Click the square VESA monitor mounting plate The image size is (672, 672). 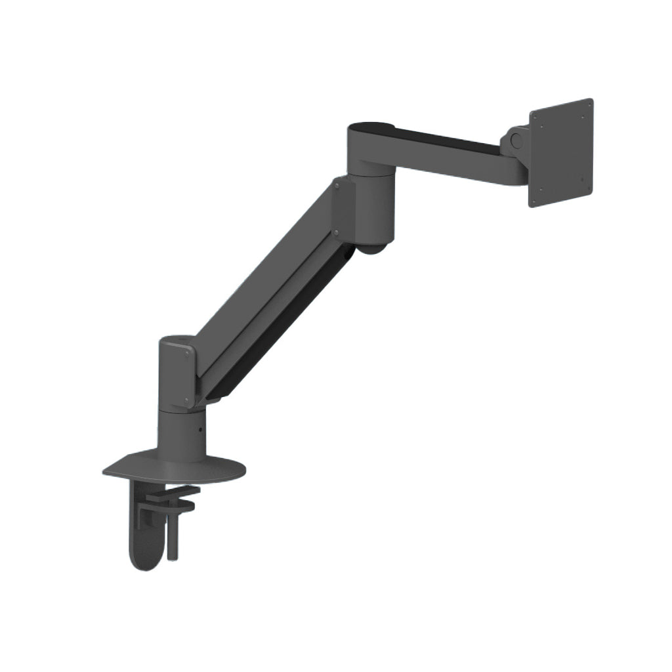[x=561, y=153]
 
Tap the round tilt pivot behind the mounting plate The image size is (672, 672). [x=516, y=140]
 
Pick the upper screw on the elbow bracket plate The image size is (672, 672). [x=335, y=186]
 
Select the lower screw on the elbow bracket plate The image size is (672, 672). [x=335, y=232]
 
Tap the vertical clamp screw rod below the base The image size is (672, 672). [x=172, y=532]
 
